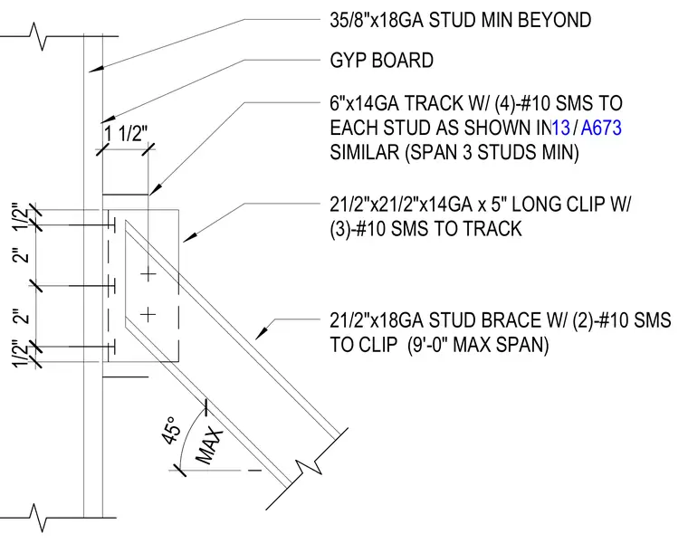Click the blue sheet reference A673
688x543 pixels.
click(601, 128)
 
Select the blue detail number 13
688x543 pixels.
click(560, 128)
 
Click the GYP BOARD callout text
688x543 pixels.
click(381, 60)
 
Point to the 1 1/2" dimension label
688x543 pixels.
click(125, 132)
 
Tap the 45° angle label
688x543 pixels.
click(171, 430)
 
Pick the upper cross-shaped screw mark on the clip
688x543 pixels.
click(148, 274)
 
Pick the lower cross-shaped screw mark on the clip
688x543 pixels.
click(148, 314)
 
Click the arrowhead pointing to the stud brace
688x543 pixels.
click(262, 333)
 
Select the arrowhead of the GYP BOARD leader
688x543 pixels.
click(108, 119)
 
